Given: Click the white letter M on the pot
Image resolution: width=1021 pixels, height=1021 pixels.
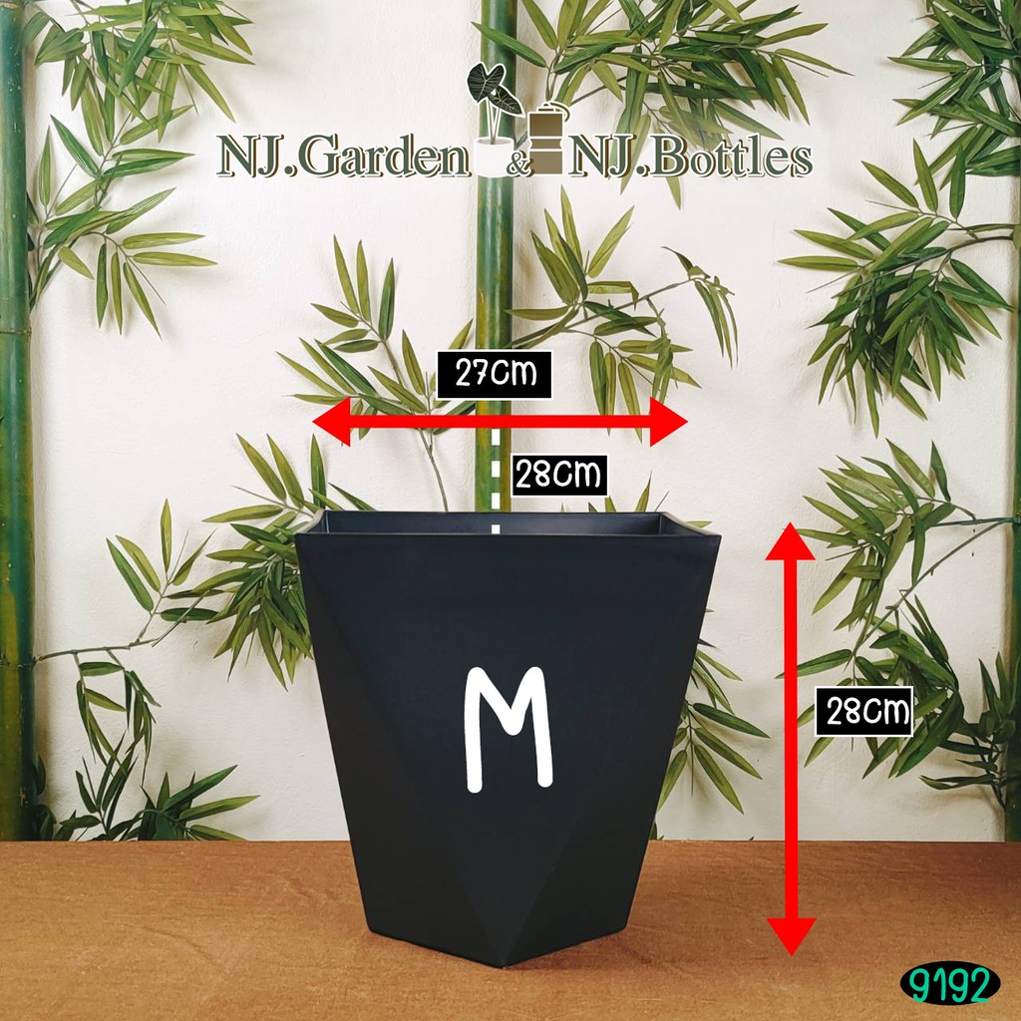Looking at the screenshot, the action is [x=509, y=729].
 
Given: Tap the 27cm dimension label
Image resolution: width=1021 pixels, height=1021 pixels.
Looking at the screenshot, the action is [x=495, y=375].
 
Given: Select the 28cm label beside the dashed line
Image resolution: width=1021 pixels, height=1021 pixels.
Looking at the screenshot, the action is [x=559, y=476].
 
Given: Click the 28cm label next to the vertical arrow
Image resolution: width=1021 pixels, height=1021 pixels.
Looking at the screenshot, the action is [x=863, y=711].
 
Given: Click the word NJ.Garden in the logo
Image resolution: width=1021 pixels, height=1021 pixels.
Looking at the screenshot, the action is [x=343, y=157].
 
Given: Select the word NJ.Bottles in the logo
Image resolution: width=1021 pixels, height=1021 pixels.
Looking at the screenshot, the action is [x=692, y=157].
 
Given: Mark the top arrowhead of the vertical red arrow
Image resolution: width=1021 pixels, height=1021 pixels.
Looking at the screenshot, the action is [x=790, y=541].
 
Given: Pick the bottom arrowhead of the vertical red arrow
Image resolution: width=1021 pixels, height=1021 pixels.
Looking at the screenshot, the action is [x=791, y=936].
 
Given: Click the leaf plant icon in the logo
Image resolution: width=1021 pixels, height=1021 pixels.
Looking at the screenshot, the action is [x=495, y=98].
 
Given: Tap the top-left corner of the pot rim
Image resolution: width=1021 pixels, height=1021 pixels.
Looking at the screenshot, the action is [x=295, y=535].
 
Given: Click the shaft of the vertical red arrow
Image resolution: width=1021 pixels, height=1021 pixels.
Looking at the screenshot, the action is [x=791, y=739].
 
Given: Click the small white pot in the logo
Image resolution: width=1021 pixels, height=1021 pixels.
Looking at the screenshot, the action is [x=494, y=157].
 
